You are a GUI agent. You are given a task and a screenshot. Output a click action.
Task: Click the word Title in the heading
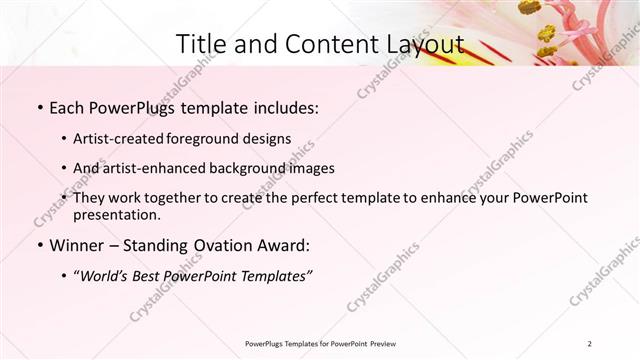198,44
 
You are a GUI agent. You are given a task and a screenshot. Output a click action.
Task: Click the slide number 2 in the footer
590,344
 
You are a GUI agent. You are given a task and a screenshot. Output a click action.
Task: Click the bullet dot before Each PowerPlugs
39,106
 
